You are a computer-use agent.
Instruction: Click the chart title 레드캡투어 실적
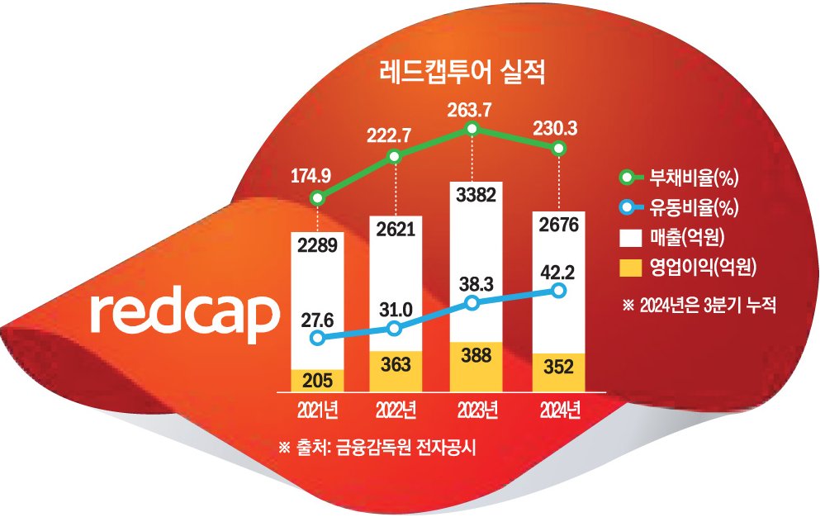pyautogui.click(x=462, y=73)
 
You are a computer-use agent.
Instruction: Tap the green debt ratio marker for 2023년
pyautogui.click(x=472, y=128)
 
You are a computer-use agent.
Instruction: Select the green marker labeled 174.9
pyautogui.click(x=317, y=198)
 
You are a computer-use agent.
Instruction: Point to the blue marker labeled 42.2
pyautogui.click(x=559, y=291)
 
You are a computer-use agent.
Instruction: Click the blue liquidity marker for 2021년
pyautogui.click(x=317, y=338)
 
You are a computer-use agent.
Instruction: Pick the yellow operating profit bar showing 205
pyautogui.click(x=317, y=380)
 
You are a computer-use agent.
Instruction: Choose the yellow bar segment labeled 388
pyautogui.click(x=476, y=367)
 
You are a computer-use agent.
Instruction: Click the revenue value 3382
pyautogui.click(x=476, y=195)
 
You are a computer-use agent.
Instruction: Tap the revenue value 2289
pyautogui.click(x=317, y=245)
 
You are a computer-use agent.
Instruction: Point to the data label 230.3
pyautogui.click(x=555, y=128)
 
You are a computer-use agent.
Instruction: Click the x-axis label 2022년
pyautogui.click(x=396, y=410)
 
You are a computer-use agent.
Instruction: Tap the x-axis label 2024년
pyautogui.click(x=560, y=410)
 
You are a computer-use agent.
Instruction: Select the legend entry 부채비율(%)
pyautogui.click(x=678, y=178)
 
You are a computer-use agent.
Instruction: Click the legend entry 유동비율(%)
pyautogui.click(x=678, y=208)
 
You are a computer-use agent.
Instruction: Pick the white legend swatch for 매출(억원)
pyautogui.click(x=630, y=238)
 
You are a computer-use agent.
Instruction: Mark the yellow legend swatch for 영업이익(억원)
pyautogui.click(x=630, y=268)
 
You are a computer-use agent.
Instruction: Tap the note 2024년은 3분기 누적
pyautogui.click(x=699, y=305)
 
